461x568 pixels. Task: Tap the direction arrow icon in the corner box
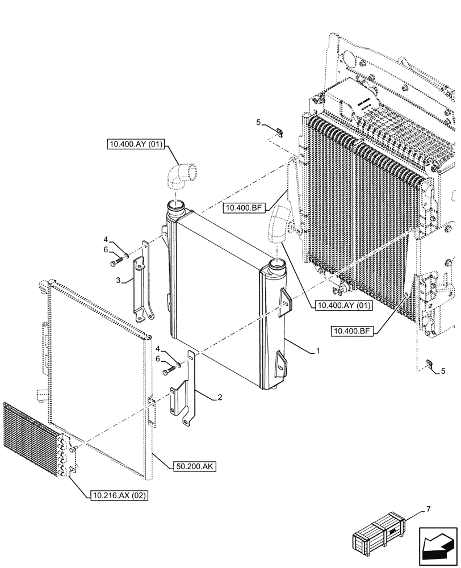438,547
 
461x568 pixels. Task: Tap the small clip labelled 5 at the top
278,132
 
